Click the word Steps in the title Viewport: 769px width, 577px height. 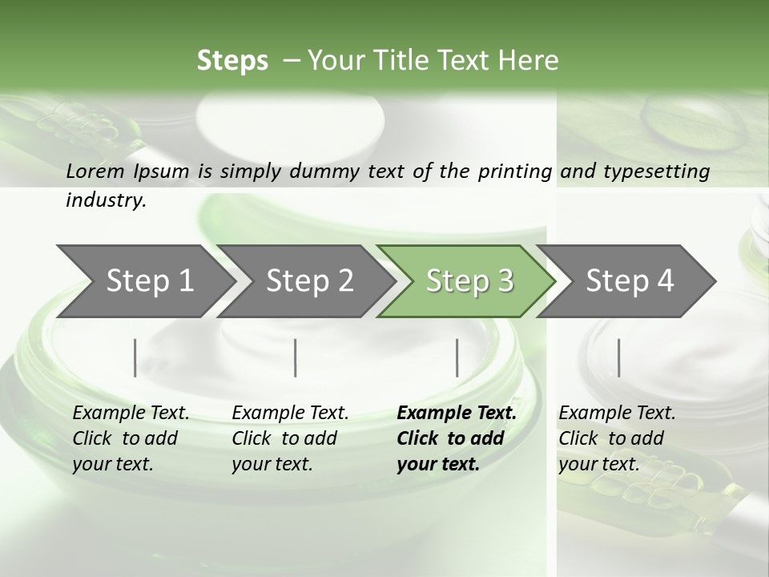tap(232, 60)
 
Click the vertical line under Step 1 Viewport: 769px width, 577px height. tap(135, 357)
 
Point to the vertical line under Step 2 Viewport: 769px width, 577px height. tap(296, 357)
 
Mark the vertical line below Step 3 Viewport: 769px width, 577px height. tap(457, 357)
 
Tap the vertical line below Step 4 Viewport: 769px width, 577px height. tap(618, 357)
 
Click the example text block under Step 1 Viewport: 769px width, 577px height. tap(130, 438)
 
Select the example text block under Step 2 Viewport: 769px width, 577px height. tap(289, 438)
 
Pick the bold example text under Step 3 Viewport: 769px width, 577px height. tap(456, 438)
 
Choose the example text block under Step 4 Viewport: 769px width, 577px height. tap(616, 438)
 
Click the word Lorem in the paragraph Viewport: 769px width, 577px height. tap(95, 171)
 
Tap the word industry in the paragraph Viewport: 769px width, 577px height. tap(105, 200)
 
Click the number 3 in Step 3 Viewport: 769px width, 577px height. tap(505, 280)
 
